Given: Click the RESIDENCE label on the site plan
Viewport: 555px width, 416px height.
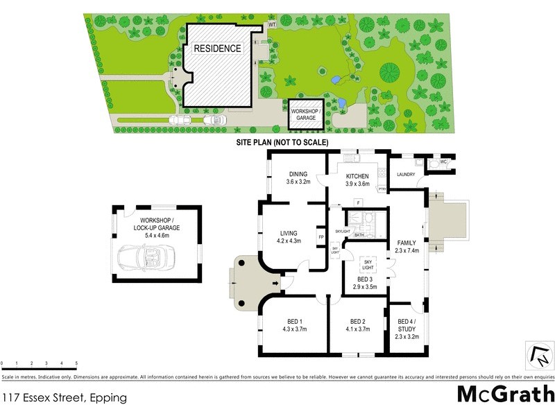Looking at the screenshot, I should [217, 49].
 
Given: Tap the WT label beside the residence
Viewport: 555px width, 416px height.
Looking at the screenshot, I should [272, 25].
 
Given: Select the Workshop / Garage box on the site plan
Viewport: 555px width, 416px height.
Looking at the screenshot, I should [306, 114].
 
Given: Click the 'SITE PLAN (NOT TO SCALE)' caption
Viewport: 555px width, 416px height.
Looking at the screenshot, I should [282, 142].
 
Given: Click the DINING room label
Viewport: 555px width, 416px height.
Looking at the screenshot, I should [298, 178].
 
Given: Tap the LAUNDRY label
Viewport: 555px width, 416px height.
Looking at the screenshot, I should [406, 175].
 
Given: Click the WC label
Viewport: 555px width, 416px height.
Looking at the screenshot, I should [445, 163].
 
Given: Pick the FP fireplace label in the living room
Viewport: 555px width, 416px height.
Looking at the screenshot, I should [321, 236].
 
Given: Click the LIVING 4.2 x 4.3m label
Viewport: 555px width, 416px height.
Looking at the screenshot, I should [288, 237].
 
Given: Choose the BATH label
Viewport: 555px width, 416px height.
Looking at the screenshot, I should [359, 235].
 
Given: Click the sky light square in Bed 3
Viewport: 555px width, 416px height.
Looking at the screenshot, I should [368, 264].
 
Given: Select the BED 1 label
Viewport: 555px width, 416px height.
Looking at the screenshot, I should [296, 324].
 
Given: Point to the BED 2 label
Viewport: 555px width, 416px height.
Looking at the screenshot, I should [357, 324].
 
